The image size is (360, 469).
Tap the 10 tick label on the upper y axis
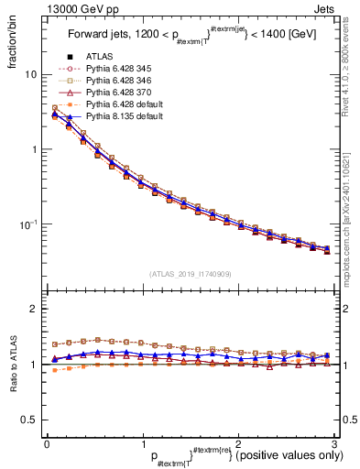[30, 74]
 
